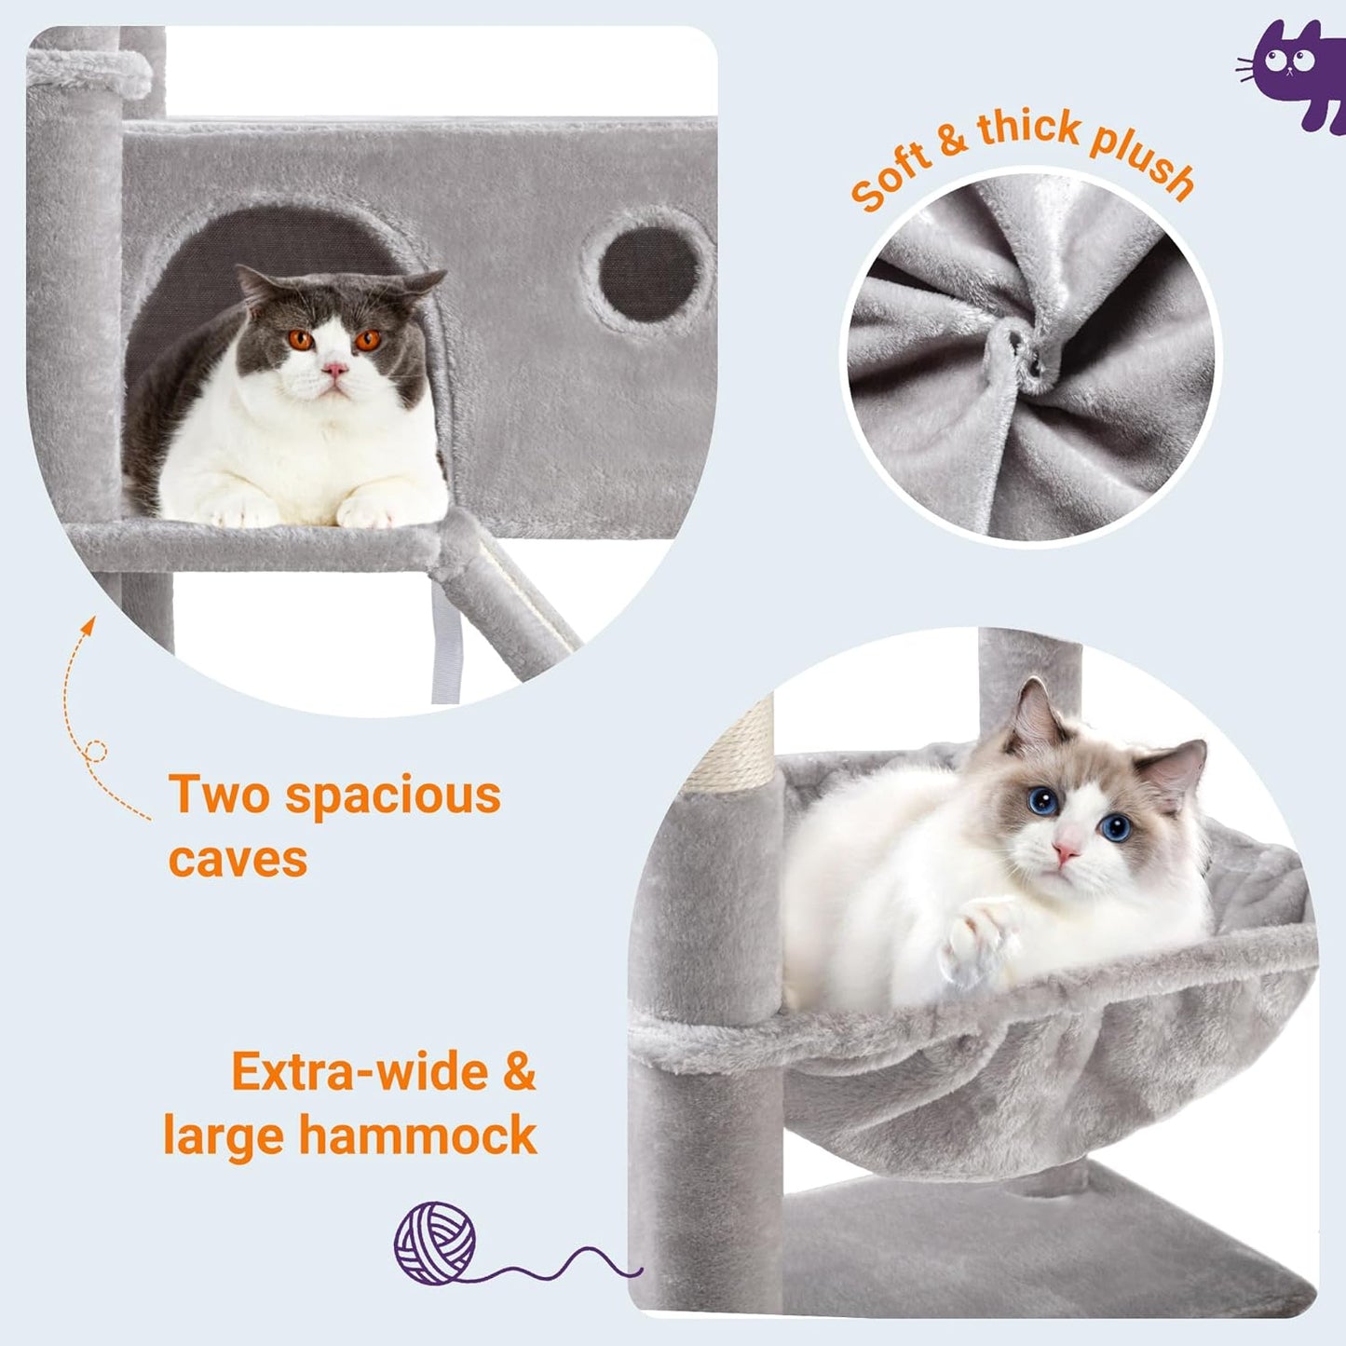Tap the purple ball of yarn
(x=435, y=1243)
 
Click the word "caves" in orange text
(x=238, y=859)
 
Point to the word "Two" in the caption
(x=218, y=795)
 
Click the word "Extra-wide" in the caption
(x=360, y=1071)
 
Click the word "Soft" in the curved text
(x=891, y=177)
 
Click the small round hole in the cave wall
(x=648, y=276)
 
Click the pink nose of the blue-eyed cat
(x=1065, y=850)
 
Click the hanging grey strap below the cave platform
(x=445, y=643)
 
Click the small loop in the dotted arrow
(x=95, y=751)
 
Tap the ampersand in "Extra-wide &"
(x=519, y=1071)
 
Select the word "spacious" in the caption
(x=393, y=795)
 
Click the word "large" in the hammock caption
(x=223, y=1136)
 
